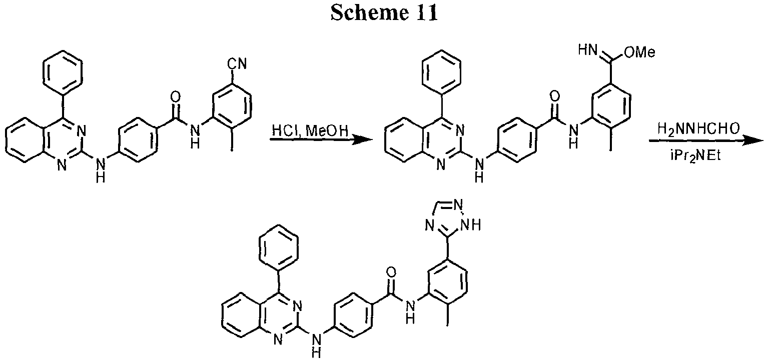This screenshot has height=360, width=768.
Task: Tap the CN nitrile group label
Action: pyautogui.click(x=237, y=63)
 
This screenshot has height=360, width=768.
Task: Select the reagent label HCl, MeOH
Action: pyautogui.click(x=310, y=130)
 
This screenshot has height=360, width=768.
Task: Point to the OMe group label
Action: pyautogui.click(x=640, y=52)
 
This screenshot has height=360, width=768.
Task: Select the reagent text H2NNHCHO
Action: pyautogui.click(x=698, y=129)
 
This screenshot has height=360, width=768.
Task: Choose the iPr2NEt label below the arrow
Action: pyautogui.click(x=695, y=155)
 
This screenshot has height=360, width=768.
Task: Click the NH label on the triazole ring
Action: pyautogui.click(x=471, y=224)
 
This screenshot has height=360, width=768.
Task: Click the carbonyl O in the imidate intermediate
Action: pyautogui.click(x=554, y=97)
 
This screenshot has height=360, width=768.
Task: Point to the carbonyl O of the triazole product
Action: pyautogui.click(x=391, y=272)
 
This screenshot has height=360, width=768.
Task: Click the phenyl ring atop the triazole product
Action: pyautogui.click(x=278, y=246)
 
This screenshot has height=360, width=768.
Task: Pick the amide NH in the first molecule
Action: pyautogui.click(x=195, y=136)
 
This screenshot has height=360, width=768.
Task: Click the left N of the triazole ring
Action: pyautogui.click(x=429, y=225)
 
